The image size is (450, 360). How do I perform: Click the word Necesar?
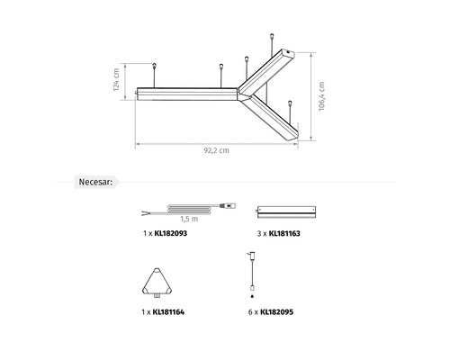click(x=95, y=183)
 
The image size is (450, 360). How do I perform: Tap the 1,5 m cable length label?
click(x=189, y=219)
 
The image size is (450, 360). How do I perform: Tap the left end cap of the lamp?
click(x=139, y=93)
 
